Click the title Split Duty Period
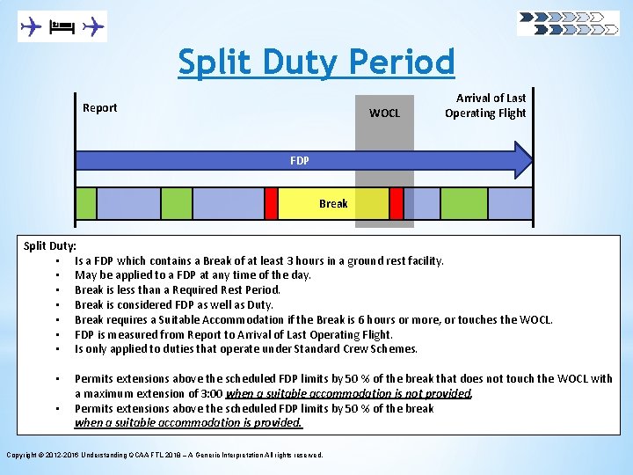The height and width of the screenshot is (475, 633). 316,62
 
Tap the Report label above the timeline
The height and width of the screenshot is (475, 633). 99,108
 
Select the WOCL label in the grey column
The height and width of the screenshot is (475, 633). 384,113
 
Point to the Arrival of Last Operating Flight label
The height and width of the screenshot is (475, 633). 485,106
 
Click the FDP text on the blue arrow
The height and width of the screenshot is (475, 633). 299,161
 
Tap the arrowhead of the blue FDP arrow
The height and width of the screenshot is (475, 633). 522,160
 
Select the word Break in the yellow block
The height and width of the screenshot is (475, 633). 333,203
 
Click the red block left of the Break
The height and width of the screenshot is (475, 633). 271,203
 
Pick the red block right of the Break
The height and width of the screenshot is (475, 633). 397,203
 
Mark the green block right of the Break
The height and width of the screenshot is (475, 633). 463,203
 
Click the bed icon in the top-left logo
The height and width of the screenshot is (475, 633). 62,27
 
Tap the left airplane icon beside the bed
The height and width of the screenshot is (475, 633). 32,27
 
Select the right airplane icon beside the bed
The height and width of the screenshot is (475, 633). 92,27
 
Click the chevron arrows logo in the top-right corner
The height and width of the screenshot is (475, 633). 568,23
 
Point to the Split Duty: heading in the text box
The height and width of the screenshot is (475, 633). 49,245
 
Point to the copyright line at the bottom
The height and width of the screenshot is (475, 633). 164,455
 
